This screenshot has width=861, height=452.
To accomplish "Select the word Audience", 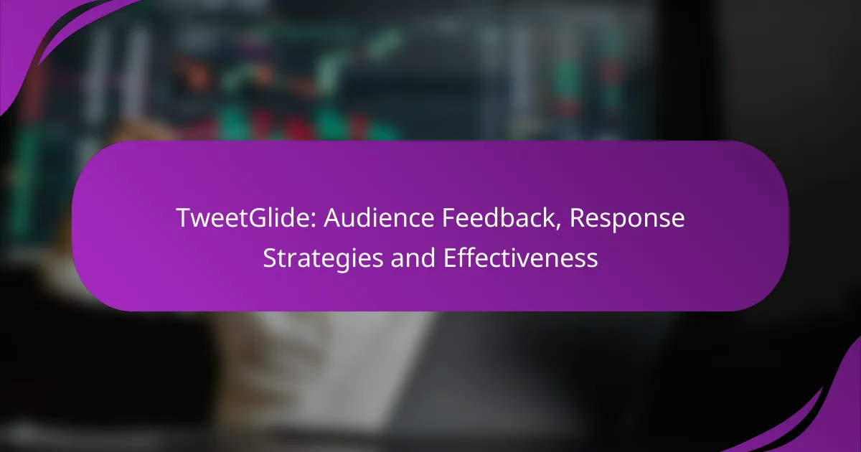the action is pyautogui.click(x=379, y=218).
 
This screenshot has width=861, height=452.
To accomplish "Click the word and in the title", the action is pyautogui.click(x=413, y=257).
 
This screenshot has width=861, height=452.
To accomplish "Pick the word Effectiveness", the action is pyautogui.click(x=520, y=257).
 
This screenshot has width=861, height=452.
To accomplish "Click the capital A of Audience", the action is pyautogui.click(x=333, y=218).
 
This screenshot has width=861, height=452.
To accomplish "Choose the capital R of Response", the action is pyautogui.click(x=578, y=218).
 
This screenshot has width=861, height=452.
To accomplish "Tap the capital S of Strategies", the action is pyautogui.click(x=270, y=258).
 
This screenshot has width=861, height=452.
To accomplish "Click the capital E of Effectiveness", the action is pyautogui.click(x=450, y=258).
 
